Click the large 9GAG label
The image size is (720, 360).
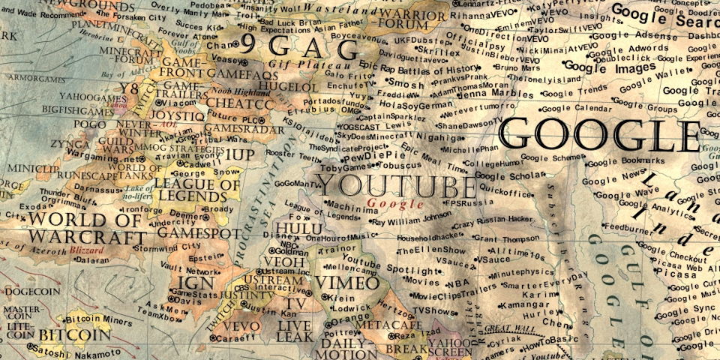pos(307,49)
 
